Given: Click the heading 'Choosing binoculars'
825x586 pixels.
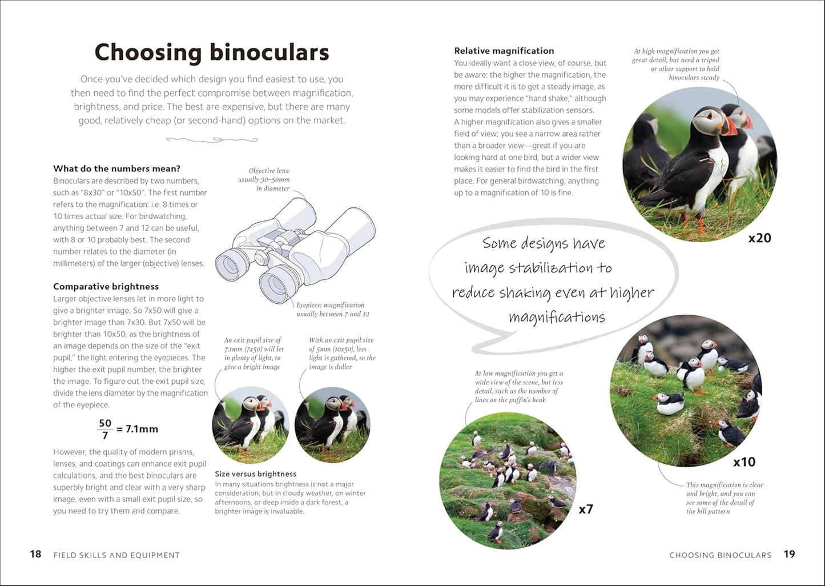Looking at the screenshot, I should [212, 52].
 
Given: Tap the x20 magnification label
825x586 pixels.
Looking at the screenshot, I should [759, 238].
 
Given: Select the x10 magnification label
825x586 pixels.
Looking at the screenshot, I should [744, 461].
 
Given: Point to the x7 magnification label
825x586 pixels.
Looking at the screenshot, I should [586, 509].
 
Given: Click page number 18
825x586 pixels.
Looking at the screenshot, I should [35, 554].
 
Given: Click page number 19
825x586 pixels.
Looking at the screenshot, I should [789, 554].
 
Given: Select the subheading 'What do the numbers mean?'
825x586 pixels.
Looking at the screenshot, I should [116, 168].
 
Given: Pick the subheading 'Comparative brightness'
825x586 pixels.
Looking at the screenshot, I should [106, 286].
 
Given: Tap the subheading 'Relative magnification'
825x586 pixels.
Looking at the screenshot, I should [504, 51].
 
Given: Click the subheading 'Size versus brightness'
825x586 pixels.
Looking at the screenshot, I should [255, 473].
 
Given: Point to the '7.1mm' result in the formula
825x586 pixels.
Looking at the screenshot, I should [142, 429].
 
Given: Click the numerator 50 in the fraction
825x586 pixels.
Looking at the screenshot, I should [105, 423].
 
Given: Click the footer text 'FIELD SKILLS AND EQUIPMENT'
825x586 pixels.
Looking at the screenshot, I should [116, 555].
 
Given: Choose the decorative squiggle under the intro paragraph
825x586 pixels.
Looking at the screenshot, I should [212, 139].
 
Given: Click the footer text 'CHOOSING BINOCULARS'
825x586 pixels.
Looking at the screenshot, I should [720, 555].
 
